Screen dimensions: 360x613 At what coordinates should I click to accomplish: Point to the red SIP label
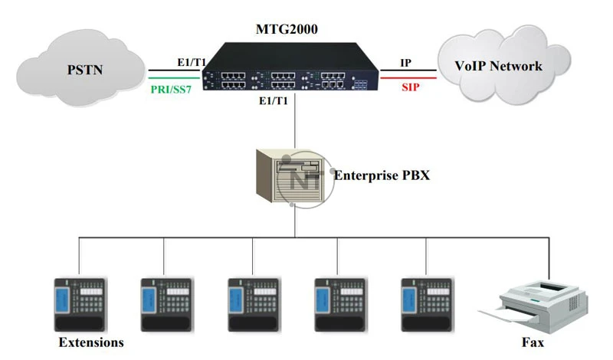point(411,90)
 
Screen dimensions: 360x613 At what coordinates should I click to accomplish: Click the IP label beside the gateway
point(407,62)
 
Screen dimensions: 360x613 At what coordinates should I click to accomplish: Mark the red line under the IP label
point(408,77)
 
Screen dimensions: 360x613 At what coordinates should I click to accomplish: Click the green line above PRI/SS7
point(172,77)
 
